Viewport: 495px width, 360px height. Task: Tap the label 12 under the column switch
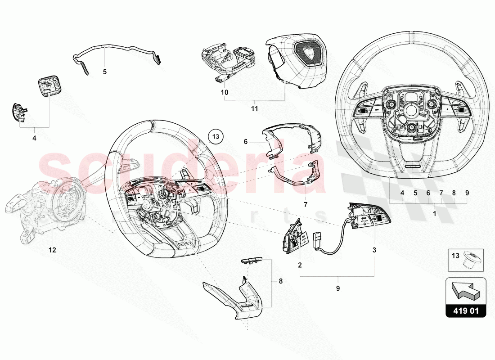click(52, 250)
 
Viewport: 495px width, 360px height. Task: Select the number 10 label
click(224, 92)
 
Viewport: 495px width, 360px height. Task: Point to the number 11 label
click(254, 108)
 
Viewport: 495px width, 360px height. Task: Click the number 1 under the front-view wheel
click(434, 214)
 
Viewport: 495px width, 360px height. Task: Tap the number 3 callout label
click(374, 249)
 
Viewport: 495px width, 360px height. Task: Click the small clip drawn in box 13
click(471, 260)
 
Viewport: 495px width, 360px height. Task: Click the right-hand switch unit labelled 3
click(369, 216)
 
